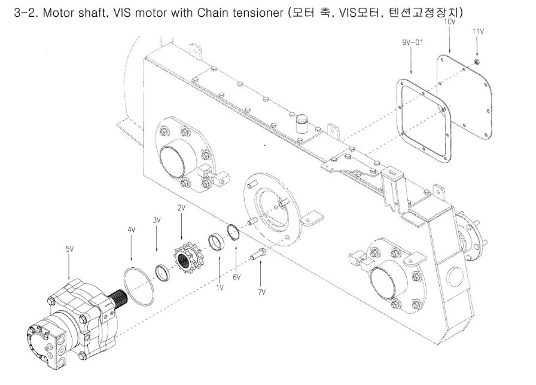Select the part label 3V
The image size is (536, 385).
click(x=157, y=220)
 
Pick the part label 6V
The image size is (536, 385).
click(x=236, y=277)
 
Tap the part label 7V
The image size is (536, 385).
click(x=261, y=292)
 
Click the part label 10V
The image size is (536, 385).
click(x=449, y=22)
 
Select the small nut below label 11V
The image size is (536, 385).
click(x=477, y=62)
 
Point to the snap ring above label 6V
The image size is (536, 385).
click(x=234, y=230)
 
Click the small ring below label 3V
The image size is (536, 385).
click(x=162, y=272)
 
